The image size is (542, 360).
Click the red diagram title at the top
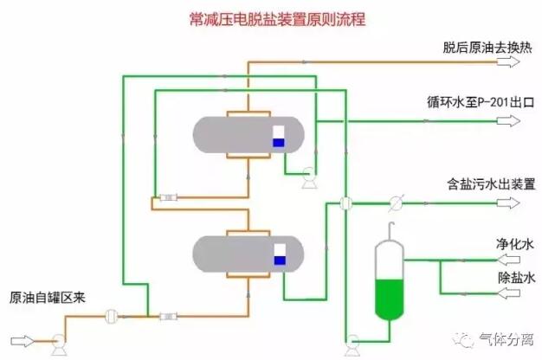[278, 19]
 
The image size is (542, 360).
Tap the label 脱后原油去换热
[487, 48]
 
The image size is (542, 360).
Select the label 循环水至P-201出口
[481, 102]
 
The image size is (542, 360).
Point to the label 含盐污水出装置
[491, 184]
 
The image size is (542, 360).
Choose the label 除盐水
[516, 278]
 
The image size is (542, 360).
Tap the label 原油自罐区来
[48, 298]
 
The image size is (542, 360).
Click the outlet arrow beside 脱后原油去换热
[508, 61]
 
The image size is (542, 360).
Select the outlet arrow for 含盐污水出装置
[508, 202]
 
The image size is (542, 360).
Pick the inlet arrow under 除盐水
[509, 293]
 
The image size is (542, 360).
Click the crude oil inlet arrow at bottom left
[23, 341]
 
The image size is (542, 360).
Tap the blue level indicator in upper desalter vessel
[279, 143]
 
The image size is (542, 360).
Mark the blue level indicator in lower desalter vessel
[280, 260]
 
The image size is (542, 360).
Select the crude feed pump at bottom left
[59, 344]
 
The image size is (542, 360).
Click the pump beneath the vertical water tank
[352, 344]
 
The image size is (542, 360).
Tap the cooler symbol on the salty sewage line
[396, 202]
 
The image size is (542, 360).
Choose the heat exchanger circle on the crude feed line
[112, 316]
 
